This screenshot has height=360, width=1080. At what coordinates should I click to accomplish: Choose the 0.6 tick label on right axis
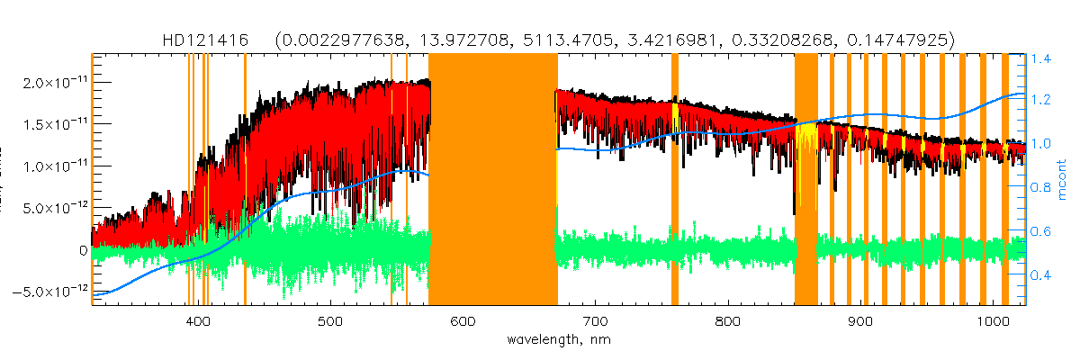pos(1041,231)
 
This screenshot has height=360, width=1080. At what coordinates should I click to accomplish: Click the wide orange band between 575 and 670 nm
pos(492,180)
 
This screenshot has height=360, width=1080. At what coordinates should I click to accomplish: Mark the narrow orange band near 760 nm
pos(675,180)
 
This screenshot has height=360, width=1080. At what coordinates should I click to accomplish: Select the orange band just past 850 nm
pos(805,180)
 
